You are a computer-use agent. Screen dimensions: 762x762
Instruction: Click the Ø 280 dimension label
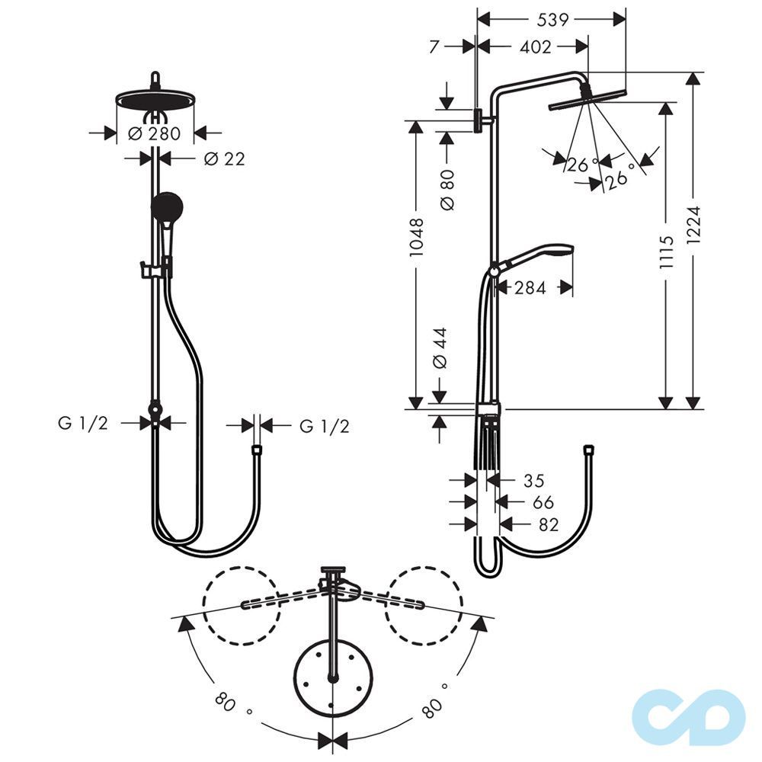(155, 133)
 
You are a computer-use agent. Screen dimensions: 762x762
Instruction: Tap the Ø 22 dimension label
(225, 158)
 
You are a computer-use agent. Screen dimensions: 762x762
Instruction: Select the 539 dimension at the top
(552, 20)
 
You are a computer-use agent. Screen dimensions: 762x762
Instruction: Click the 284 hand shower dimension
(530, 288)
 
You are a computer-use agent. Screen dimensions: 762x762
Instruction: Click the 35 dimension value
(533, 480)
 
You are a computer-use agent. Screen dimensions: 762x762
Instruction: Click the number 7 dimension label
(434, 46)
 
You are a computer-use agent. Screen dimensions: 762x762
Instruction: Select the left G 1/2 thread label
(84, 424)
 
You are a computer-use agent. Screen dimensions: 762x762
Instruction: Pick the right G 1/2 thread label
(324, 426)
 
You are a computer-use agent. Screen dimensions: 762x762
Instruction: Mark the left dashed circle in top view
(240, 604)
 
